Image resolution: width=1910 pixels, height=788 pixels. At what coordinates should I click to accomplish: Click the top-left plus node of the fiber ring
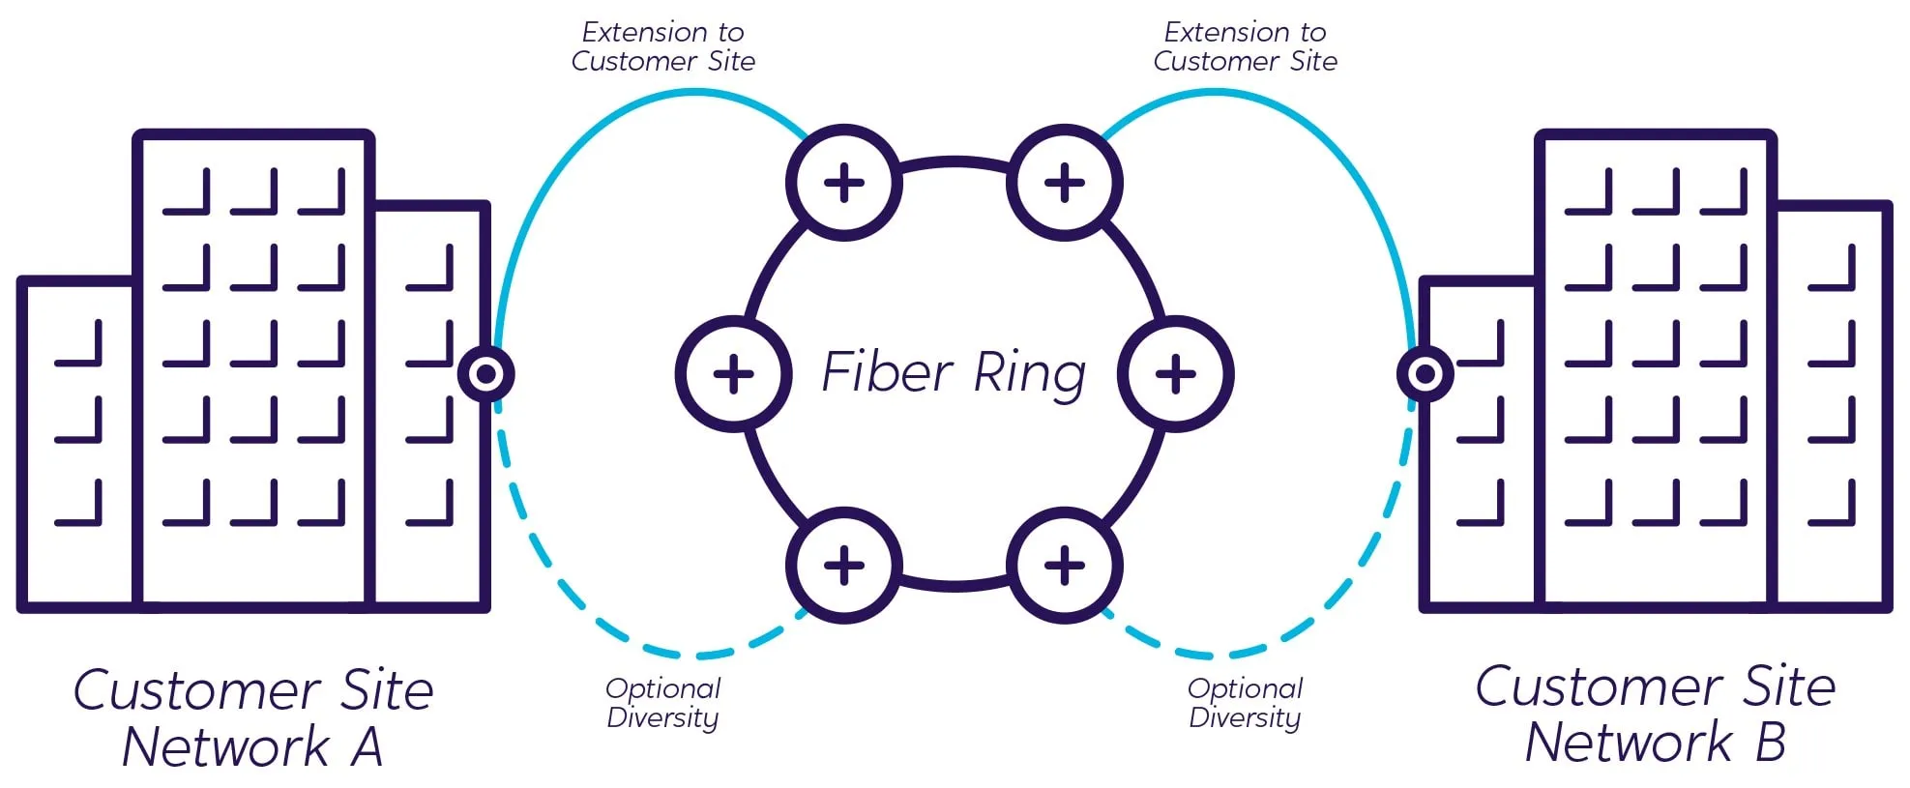point(843,183)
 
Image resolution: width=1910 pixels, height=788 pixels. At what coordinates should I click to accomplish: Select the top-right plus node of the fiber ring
point(1064,183)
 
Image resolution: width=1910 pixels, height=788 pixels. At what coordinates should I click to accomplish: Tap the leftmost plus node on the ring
point(733,374)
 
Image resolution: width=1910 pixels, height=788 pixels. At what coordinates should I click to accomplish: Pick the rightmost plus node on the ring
point(1175,374)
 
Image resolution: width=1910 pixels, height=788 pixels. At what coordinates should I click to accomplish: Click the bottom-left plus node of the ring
point(843,566)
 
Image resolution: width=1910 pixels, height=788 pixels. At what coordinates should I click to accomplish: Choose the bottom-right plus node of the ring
point(1064,566)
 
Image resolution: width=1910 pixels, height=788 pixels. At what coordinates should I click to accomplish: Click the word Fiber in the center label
point(887,372)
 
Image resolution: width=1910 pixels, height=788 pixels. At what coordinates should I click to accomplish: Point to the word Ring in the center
point(1029,374)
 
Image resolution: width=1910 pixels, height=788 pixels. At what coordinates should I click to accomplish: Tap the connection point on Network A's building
point(485,374)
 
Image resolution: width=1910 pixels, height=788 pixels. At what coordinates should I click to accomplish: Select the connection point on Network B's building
point(1425,373)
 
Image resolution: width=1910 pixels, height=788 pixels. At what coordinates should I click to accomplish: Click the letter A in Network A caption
point(367,747)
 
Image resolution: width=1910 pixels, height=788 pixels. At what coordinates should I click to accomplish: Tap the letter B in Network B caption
point(1769,743)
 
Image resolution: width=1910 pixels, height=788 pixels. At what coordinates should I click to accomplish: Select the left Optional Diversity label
point(663,703)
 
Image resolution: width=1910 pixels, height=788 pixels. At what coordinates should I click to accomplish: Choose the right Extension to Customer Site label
point(1245,46)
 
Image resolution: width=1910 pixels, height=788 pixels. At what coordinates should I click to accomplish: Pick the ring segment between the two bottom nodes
point(954,586)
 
